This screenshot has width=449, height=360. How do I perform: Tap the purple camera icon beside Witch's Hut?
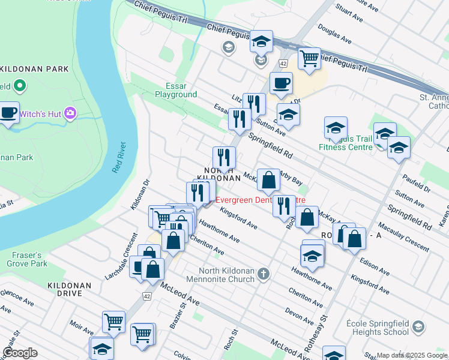[x=71, y=113]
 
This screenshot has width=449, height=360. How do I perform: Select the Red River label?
[x=120, y=157]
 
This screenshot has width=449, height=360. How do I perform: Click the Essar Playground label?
[x=176, y=90]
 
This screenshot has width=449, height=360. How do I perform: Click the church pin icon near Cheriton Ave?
[x=263, y=275]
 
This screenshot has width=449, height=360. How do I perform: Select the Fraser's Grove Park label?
[x=28, y=259]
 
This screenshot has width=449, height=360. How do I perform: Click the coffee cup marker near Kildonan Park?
[x=8, y=113]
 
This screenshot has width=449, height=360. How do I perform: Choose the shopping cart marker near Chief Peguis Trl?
[x=309, y=59]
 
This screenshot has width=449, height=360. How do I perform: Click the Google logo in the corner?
[x=20, y=353]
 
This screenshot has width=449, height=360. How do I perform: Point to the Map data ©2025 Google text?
[x=412, y=355]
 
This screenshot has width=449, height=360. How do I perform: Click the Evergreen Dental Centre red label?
[x=260, y=200]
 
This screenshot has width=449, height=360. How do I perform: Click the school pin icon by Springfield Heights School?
[x=418, y=327]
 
